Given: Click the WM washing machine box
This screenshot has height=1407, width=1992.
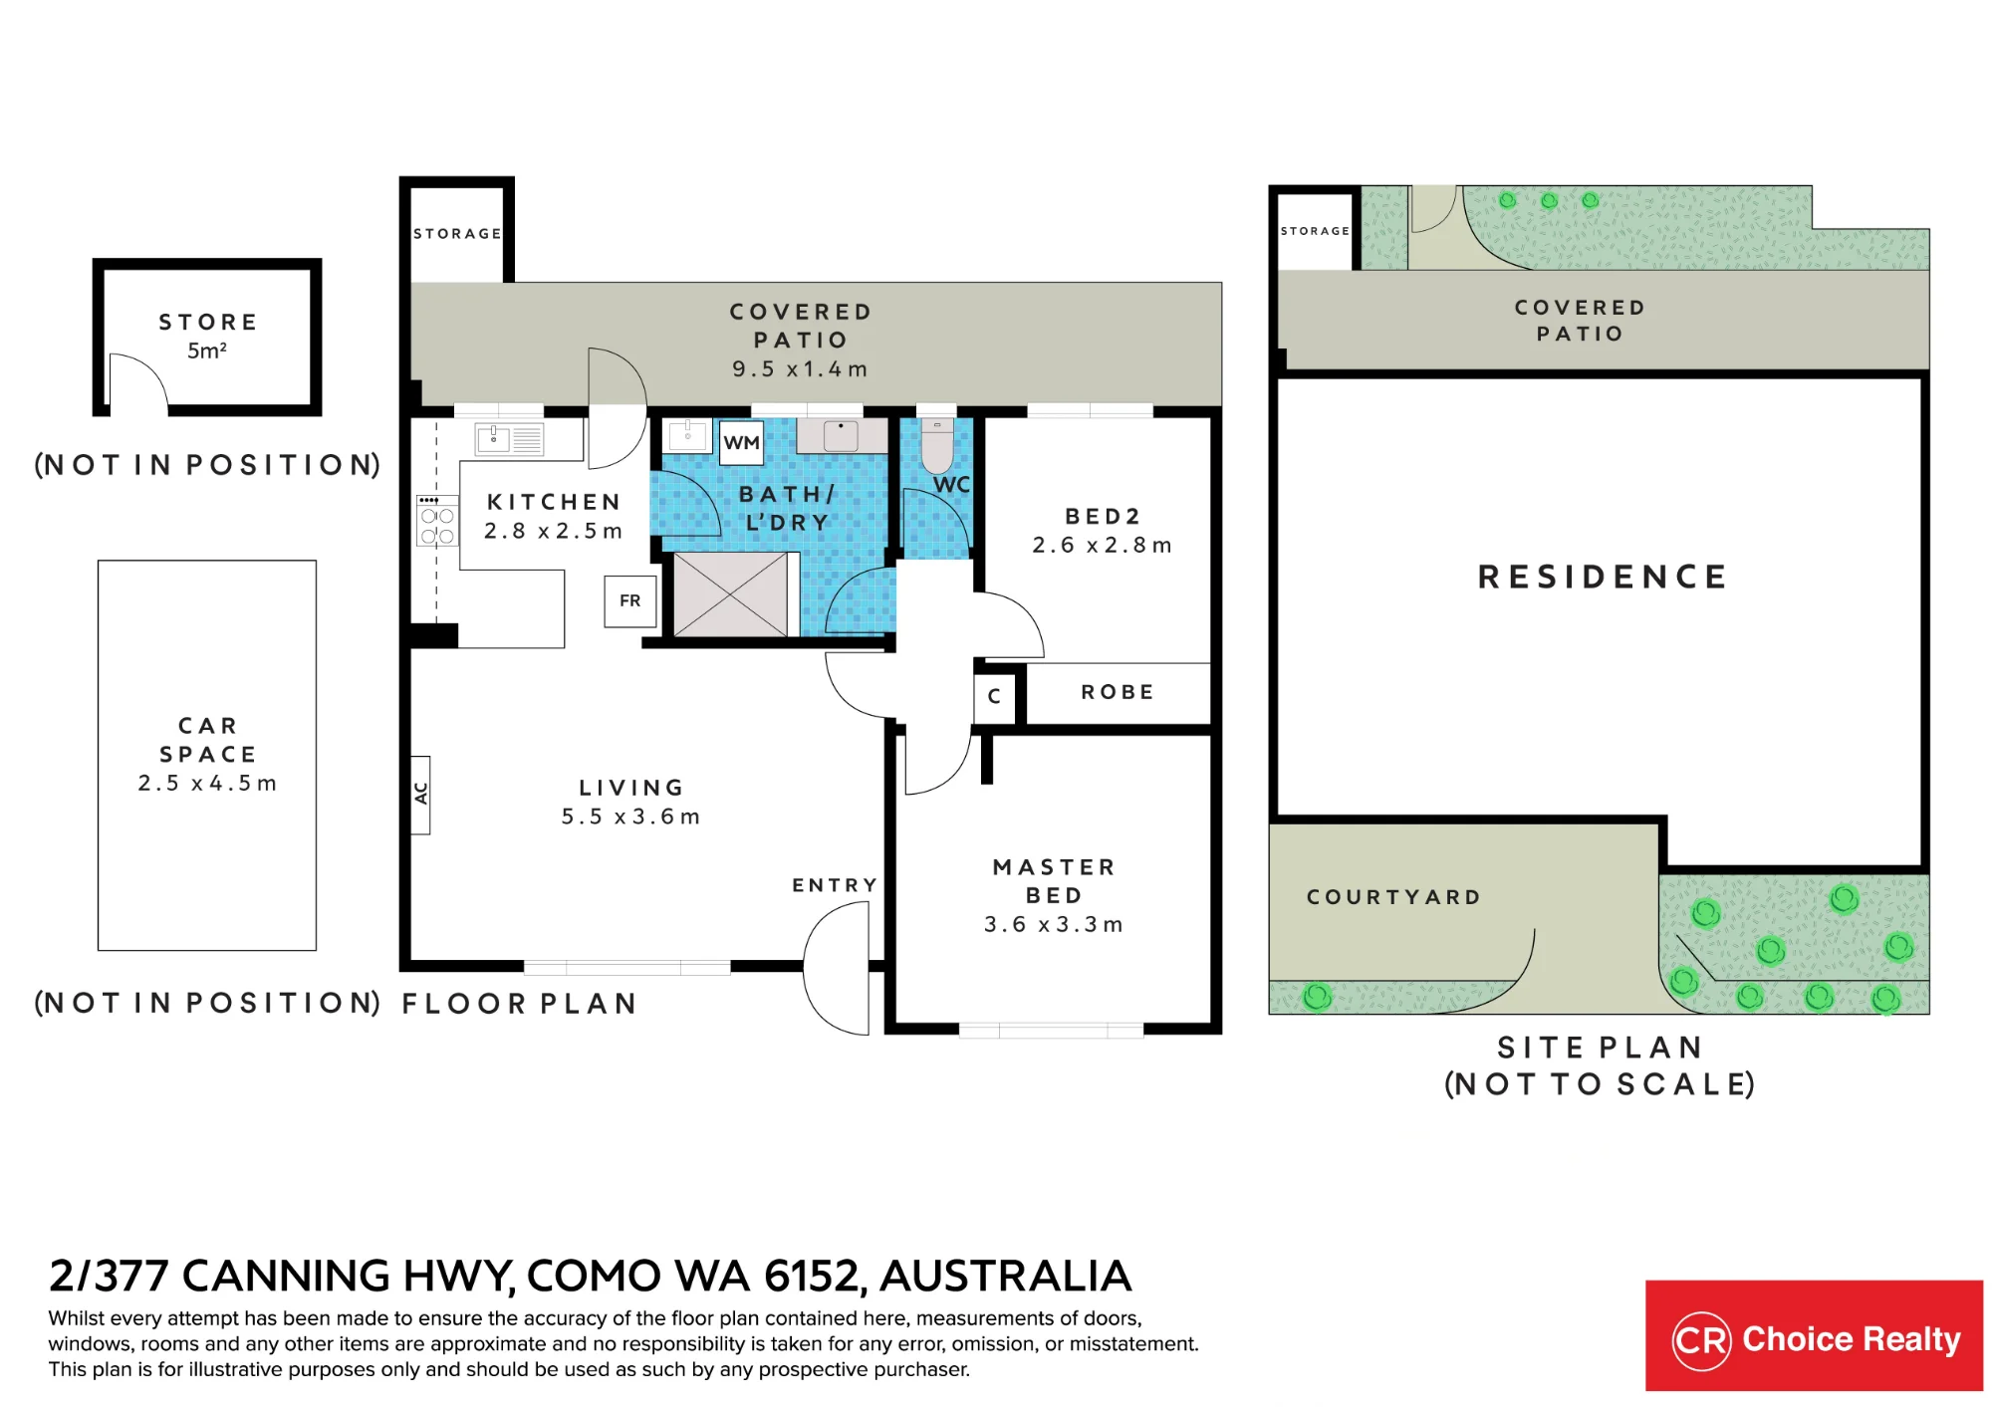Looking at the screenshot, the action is (742, 442).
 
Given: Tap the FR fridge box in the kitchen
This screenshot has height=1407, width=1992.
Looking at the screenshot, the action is (630, 600).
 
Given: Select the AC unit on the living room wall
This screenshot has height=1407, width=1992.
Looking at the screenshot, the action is (420, 794).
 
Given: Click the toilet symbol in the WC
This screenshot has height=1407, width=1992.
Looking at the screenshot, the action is (937, 445).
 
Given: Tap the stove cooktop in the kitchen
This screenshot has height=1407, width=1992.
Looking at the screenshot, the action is (437, 520).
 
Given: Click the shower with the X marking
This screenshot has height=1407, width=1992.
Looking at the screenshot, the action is (730, 594).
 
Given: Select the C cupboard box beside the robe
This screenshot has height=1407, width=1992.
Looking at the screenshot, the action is (994, 696).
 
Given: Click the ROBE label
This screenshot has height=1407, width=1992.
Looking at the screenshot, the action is (1118, 692).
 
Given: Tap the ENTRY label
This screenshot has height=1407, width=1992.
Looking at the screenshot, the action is (835, 885).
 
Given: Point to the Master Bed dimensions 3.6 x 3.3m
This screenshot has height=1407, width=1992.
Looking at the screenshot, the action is (1053, 924).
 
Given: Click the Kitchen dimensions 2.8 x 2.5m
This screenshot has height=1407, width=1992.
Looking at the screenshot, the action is (553, 531).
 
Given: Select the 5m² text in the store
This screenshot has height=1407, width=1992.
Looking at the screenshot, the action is (207, 351).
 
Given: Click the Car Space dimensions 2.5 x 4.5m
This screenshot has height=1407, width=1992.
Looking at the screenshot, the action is (207, 784).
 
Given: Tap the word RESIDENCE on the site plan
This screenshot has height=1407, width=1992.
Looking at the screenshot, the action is (1603, 577).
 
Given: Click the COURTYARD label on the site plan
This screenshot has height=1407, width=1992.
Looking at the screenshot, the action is (1393, 897).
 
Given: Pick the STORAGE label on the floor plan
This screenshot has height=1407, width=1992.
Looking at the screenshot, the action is (457, 234).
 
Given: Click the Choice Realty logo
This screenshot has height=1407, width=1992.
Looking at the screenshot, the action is (1814, 1335).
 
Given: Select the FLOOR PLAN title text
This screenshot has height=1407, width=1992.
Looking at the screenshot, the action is (519, 1004).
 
